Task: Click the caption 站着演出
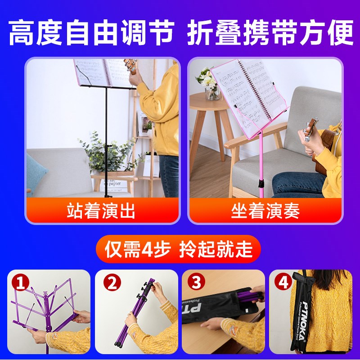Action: click(x=101, y=211)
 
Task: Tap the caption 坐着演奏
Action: click(x=265, y=211)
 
